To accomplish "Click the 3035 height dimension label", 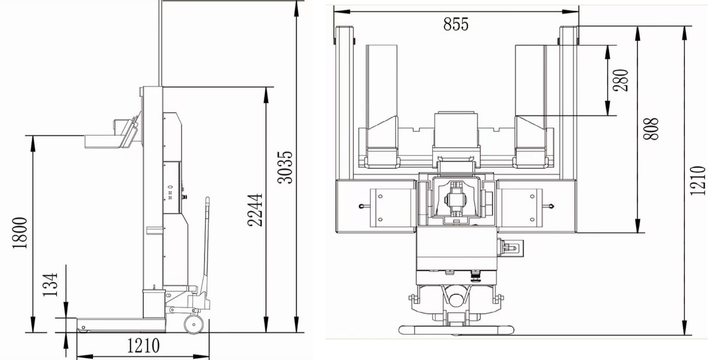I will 285,167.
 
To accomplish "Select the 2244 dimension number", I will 255,210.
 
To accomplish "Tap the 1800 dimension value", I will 20,233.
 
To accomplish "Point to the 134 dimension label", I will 51,284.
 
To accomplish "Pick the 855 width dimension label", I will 456,24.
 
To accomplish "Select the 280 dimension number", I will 620,80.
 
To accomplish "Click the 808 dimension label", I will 651,129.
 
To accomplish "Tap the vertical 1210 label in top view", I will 698,181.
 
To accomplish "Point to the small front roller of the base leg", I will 84,328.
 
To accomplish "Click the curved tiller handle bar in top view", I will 456,330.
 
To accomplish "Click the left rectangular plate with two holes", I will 389,208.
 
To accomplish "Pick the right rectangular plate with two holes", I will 521,208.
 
